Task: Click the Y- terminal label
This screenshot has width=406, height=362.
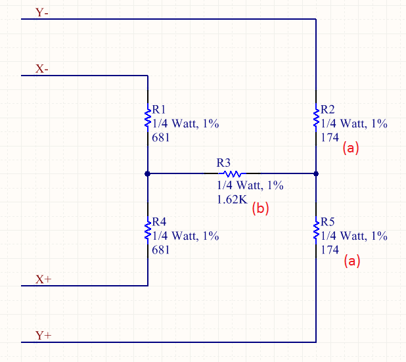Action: (x=41, y=12)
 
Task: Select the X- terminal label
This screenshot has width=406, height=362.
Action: (x=41, y=69)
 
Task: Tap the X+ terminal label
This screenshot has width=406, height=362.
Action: (x=43, y=279)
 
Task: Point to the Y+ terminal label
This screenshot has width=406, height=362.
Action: (x=43, y=335)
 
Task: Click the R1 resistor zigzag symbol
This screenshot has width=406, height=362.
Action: (x=148, y=118)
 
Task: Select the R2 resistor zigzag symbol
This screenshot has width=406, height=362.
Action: (x=316, y=118)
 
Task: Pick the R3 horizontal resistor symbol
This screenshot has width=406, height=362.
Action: (x=233, y=173)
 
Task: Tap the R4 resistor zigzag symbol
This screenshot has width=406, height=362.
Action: (x=148, y=231)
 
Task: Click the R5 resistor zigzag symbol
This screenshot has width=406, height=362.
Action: (x=316, y=231)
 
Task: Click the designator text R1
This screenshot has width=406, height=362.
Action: (x=159, y=110)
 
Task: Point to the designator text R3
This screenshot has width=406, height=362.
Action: (x=223, y=163)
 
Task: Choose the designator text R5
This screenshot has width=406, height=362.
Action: (x=328, y=222)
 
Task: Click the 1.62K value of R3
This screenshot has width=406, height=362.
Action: (x=232, y=200)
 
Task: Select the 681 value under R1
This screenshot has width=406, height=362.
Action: (x=160, y=137)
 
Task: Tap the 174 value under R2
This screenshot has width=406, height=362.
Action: (x=330, y=137)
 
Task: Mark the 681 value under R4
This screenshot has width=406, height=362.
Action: (x=160, y=250)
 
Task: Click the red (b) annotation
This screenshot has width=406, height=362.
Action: (x=260, y=208)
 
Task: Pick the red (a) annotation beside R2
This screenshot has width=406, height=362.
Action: (x=351, y=148)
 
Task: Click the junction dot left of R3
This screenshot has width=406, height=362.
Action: (x=148, y=173)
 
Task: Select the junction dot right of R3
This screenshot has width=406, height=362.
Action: (x=316, y=173)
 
